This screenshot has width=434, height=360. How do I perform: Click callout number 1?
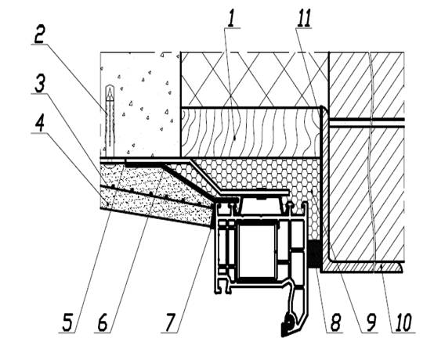tap(232, 19)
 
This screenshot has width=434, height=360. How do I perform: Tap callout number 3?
tap(40, 84)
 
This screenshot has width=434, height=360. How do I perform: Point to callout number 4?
tap(40, 123)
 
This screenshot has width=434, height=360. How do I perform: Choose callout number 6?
tap(103, 322)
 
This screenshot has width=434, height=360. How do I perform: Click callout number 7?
tap(171, 322)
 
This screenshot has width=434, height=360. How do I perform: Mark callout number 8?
tap(335, 322)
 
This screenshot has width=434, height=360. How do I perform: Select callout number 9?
tap(371, 322)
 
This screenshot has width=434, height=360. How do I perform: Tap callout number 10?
tap(403, 322)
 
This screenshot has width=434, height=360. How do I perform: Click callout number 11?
tap(304, 18)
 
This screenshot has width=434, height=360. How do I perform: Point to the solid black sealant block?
tap(314, 254)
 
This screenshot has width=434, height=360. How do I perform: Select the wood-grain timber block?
tap(251, 132)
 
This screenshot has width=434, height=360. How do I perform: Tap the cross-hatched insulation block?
tap(255, 79)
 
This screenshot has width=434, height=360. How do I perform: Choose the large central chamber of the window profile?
tap(257, 250)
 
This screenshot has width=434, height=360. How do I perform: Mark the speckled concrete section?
tap(139, 105)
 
